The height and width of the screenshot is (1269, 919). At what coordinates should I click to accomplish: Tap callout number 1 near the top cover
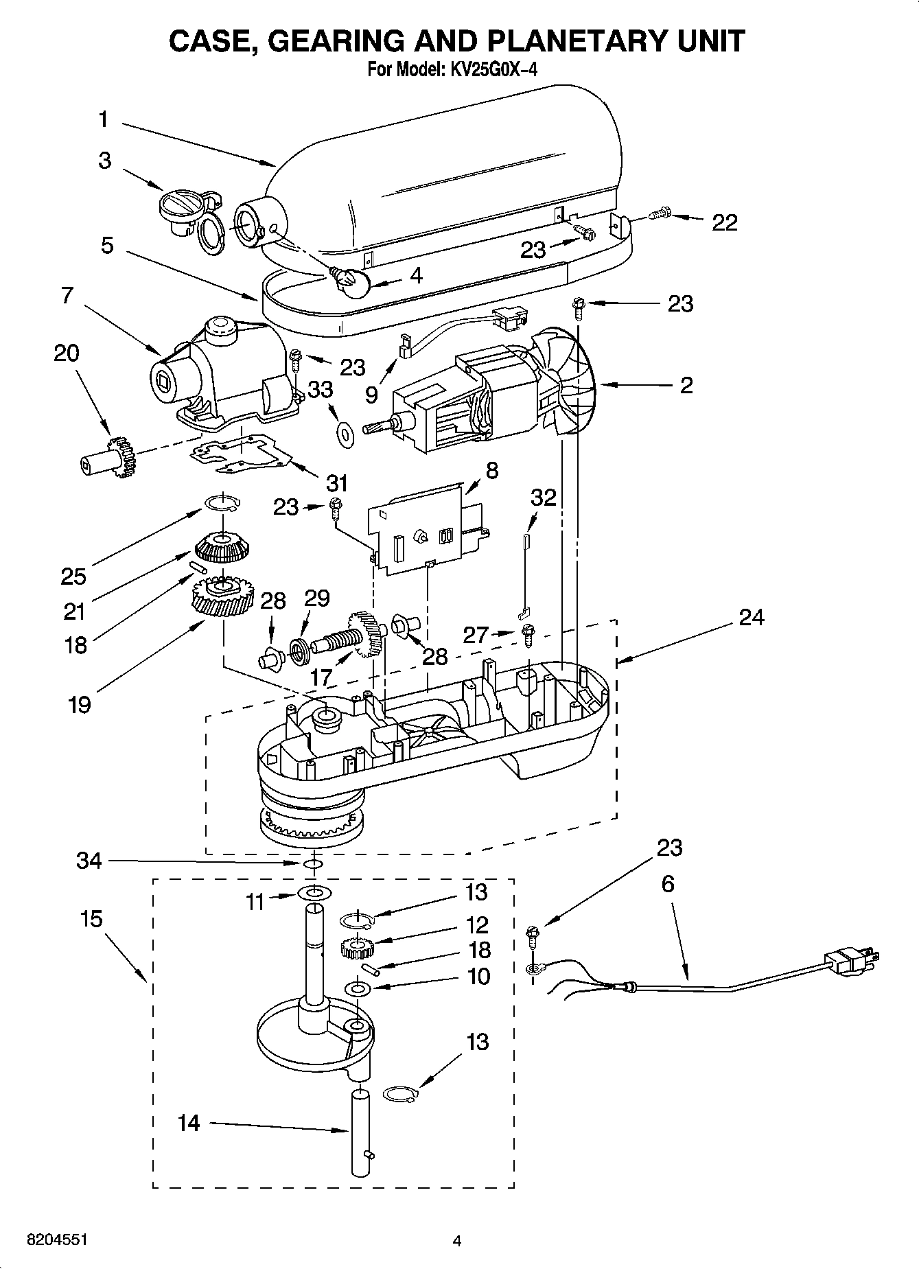pyautogui.click(x=103, y=120)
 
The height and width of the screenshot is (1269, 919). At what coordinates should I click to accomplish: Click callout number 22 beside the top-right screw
pyautogui.click(x=724, y=222)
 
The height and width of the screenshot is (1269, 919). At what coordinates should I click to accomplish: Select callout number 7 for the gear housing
pyautogui.click(x=67, y=296)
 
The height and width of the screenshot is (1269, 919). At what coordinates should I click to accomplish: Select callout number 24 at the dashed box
pyautogui.click(x=751, y=618)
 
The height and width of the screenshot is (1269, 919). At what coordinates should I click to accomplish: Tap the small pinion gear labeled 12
pyautogui.click(x=356, y=948)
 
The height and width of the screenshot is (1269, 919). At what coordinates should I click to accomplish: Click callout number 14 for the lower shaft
pyautogui.click(x=188, y=1123)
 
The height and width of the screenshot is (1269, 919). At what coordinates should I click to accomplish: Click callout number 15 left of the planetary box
pyautogui.click(x=91, y=918)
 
